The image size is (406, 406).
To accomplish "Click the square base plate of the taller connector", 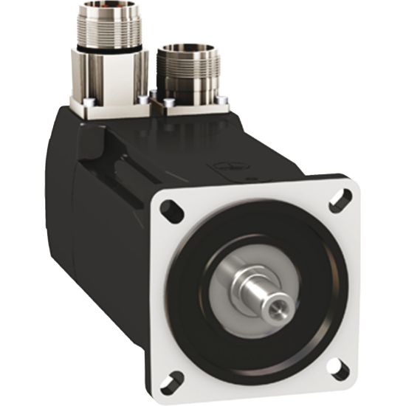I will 111,105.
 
